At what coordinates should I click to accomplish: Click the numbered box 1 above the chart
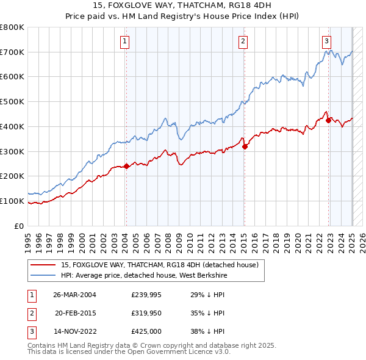coord(124,41)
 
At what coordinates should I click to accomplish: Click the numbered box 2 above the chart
coord(243,41)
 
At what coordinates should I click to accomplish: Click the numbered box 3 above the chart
coord(327,41)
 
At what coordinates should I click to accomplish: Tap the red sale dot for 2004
coord(126,166)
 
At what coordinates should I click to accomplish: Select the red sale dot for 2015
coord(245,146)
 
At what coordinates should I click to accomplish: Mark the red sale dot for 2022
coord(328,120)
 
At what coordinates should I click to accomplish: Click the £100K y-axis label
coord(12,201)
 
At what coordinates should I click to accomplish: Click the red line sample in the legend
coord(43,265)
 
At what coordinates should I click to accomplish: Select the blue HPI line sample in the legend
coord(43,275)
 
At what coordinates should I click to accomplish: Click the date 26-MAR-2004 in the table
coord(74,294)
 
